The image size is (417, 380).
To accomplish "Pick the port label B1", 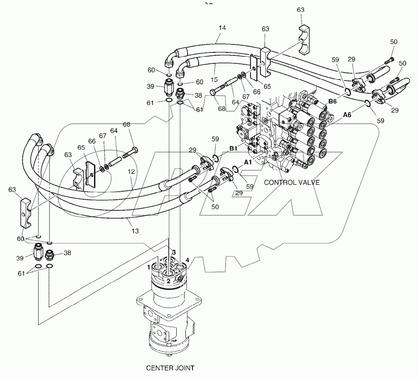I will tap(234, 149).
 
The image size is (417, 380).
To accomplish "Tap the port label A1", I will tap(248, 162).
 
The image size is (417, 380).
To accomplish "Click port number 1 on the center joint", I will tap(149, 267).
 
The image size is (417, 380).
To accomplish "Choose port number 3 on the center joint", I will tap(174, 252).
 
